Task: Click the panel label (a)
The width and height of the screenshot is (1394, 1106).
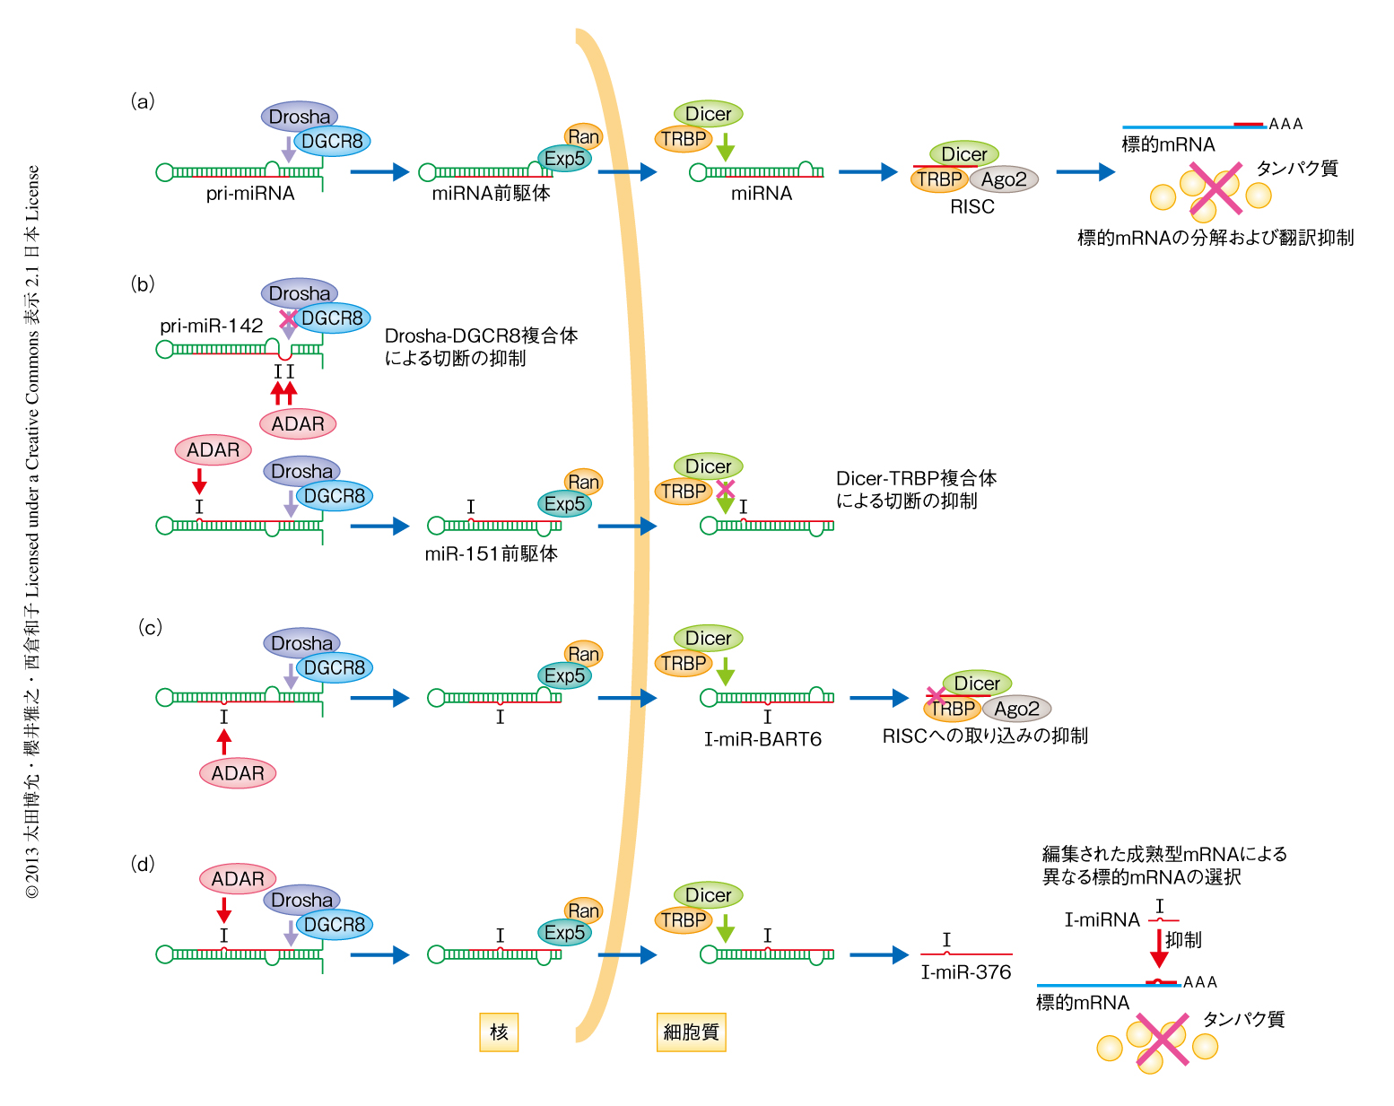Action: [143, 100]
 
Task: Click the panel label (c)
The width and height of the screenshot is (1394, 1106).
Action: [150, 627]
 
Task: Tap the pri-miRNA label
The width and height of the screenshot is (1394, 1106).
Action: [250, 193]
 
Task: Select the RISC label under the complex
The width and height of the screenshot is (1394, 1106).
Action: [972, 206]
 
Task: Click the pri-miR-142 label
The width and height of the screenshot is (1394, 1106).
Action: [212, 326]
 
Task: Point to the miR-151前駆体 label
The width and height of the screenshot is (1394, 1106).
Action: [491, 553]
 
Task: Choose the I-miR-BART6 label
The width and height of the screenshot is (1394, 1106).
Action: [762, 739]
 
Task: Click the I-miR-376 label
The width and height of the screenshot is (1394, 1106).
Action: [966, 972]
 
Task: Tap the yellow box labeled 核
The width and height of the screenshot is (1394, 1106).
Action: [499, 1032]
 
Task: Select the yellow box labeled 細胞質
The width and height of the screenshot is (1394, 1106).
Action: [691, 1032]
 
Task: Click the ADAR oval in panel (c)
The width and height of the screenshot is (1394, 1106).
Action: [238, 773]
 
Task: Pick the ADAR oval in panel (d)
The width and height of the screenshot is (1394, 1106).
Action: [238, 879]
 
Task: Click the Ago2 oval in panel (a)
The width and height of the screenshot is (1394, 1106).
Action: [1004, 179]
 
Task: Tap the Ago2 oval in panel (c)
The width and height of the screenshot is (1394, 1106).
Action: [1016, 709]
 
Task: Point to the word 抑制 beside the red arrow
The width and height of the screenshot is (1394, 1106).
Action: [1183, 939]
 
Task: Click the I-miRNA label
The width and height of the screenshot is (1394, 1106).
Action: [1102, 919]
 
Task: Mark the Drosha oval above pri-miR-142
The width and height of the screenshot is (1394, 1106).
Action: [300, 293]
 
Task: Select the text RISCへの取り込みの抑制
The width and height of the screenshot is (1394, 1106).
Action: [985, 736]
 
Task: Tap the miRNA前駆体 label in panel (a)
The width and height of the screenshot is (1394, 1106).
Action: [491, 193]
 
